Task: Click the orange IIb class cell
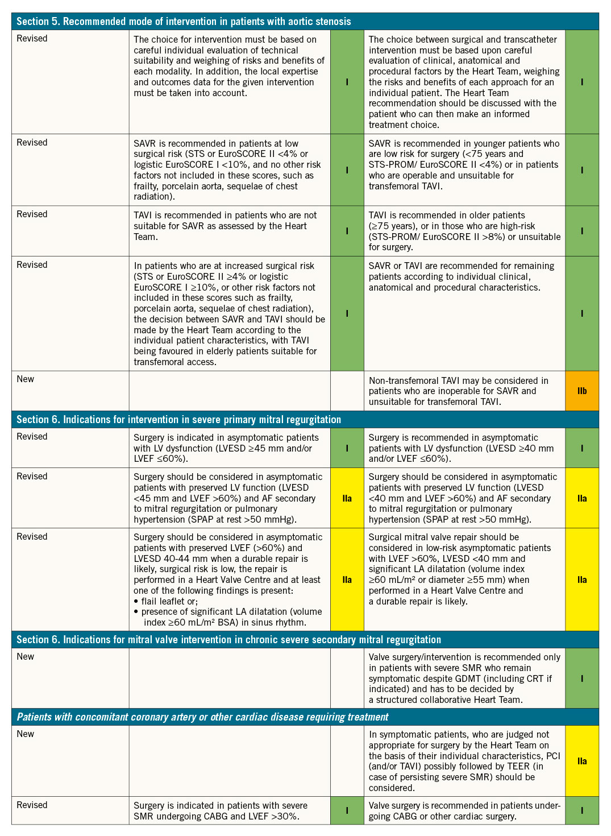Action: [582, 391]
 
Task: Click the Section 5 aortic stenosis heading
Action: [184, 22]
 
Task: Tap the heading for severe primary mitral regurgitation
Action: [178, 420]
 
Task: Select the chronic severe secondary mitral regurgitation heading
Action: [228, 640]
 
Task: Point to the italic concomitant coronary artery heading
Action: [202, 717]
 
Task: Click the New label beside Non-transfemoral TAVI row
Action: [26, 379]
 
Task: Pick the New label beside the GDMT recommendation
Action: [26, 657]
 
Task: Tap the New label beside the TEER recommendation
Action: [26, 734]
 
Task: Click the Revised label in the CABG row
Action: [32, 805]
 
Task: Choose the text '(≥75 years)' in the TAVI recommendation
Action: [392, 226]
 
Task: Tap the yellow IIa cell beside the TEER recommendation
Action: [582, 761]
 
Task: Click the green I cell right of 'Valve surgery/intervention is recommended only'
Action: [582, 678]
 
